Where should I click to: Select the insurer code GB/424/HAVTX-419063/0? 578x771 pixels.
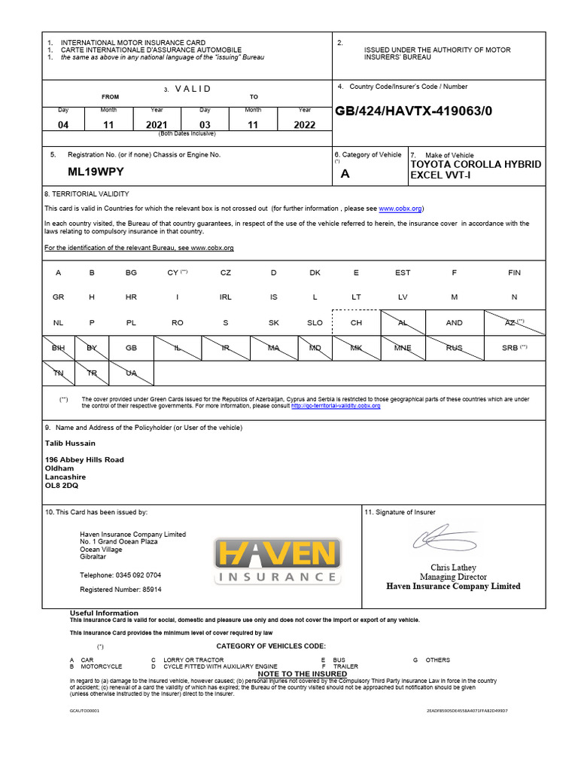pyautogui.click(x=413, y=111)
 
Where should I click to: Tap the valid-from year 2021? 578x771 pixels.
pyautogui.click(x=157, y=125)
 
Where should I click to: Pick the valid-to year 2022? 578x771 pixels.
pyautogui.click(x=304, y=125)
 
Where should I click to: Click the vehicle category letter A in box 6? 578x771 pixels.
pyautogui.click(x=345, y=173)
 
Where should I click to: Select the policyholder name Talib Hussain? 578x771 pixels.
pyautogui.click(x=70, y=443)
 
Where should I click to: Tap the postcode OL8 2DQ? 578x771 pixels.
pyautogui.click(x=62, y=486)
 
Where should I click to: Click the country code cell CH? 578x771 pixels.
pyautogui.click(x=357, y=322)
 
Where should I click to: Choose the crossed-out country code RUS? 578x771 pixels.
pyautogui.click(x=455, y=348)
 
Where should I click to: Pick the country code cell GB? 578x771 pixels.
pyautogui.click(x=131, y=348)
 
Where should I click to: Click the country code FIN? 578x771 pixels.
pyautogui.click(x=514, y=273)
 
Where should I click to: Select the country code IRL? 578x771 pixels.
pyautogui.click(x=226, y=297)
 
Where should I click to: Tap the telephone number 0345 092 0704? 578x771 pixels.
pyautogui.click(x=138, y=575)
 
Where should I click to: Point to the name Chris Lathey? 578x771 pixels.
pyautogui.click(x=453, y=567)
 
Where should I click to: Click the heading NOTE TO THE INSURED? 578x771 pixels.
pyautogui.click(x=303, y=674)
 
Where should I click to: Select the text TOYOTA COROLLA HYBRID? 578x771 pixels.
pyautogui.click(x=475, y=164)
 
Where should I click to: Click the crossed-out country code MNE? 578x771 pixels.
pyautogui.click(x=403, y=348)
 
